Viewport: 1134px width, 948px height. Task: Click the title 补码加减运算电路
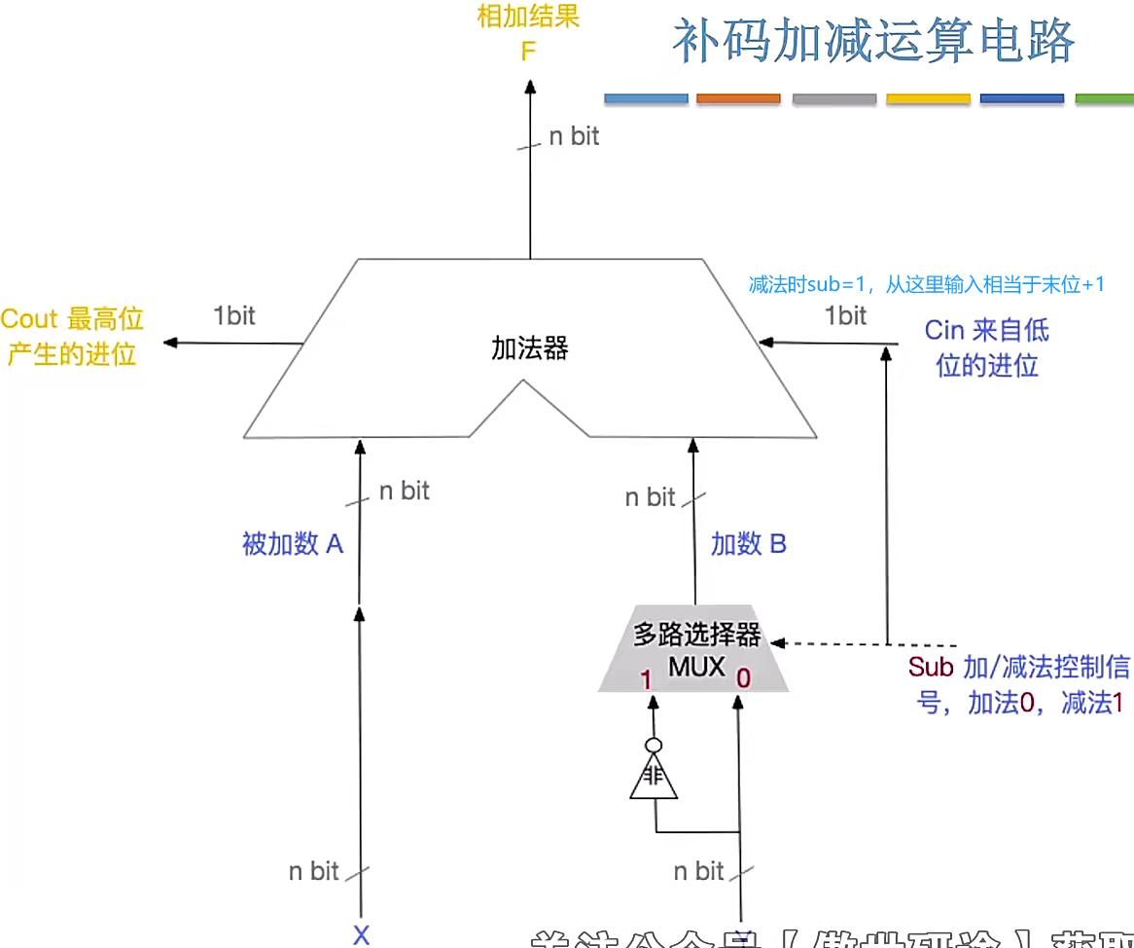(873, 42)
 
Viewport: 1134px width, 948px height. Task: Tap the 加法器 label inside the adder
(529, 348)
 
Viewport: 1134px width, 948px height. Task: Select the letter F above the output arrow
(528, 51)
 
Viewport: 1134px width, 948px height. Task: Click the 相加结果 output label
(528, 18)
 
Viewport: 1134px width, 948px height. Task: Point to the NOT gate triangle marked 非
(653, 779)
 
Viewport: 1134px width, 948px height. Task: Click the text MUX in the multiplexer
(696, 667)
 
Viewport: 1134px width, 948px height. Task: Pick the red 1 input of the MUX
(645, 679)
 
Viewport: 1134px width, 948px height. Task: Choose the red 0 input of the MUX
(743, 678)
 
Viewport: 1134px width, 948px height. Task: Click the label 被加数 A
(293, 544)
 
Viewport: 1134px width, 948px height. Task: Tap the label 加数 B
(748, 544)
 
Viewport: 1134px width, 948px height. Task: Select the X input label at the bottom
(361, 936)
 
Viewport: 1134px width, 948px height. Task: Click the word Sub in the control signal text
(931, 667)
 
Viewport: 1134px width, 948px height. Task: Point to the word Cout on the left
(29, 319)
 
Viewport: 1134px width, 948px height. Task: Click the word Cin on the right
(943, 331)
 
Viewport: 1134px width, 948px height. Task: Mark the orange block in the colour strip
(739, 98)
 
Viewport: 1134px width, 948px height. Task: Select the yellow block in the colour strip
(928, 98)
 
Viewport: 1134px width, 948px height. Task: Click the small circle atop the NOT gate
(654, 746)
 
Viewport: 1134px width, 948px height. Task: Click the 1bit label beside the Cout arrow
(234, 315)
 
